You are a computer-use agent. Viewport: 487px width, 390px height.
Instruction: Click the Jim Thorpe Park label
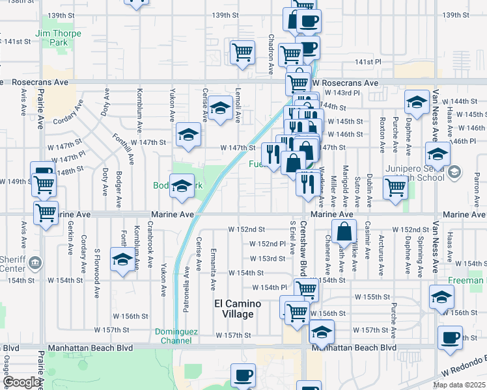[59, 38]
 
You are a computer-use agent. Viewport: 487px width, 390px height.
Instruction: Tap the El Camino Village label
[238, 309]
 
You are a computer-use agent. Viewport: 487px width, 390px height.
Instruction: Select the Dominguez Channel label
[173, 335]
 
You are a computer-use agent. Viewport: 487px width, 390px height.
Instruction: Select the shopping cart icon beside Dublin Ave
[395, 187]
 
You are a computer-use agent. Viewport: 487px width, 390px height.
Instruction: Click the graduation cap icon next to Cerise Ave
[220, 108]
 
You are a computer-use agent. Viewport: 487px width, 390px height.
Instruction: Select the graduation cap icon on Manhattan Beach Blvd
[321, 333]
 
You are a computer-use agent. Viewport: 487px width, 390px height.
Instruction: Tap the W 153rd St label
[268, 258]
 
